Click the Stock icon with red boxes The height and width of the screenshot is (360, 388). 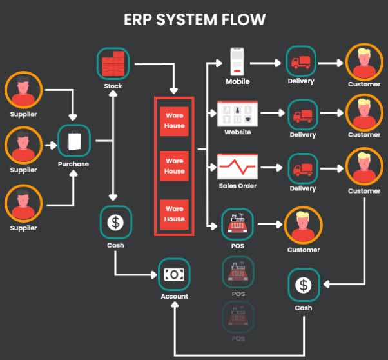[x=113, y=63]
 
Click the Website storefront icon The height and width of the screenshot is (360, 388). [x=237, y=114]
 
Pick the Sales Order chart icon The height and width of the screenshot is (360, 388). [x=237, y=167]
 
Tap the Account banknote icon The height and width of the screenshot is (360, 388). [x=174, y=274]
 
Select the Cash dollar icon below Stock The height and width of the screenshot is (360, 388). [x=116, y=223]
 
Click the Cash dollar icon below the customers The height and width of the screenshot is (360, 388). [x=303, y=285]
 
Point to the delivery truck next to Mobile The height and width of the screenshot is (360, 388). [x=302, y=62]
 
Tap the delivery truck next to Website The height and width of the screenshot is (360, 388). [x=302, y=116]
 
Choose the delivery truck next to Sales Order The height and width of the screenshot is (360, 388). [x=302, y=169]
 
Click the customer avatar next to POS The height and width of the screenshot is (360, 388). [x=302, y=226]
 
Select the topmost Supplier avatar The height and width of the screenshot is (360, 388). [x=23, y=90]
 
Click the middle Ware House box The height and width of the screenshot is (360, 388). [x=174, y=166]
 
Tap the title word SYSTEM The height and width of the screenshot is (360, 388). [x=193, y=19]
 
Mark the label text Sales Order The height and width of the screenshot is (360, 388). [x=237, y=186]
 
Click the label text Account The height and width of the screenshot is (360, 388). [x=174, y=296]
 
